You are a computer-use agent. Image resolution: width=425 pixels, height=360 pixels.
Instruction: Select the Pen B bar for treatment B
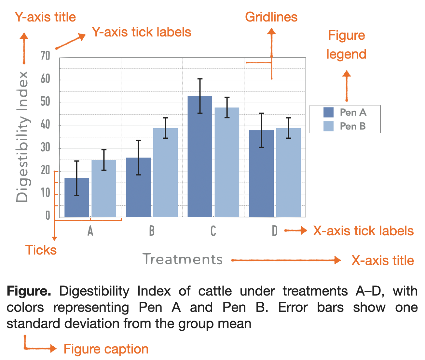[165, 173]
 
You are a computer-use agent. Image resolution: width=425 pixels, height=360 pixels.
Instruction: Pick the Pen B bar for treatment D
[288, 173]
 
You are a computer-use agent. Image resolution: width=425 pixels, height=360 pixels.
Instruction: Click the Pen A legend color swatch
[328, 113]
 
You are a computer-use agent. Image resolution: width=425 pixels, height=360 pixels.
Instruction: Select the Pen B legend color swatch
[328, 126]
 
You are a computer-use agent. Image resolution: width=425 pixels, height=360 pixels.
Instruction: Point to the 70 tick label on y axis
[46, 56]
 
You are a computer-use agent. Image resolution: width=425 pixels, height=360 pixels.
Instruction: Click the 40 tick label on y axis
[46, 125]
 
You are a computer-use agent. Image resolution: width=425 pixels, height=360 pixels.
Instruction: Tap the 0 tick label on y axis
[48, 215]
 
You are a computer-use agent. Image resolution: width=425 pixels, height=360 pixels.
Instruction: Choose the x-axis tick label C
[213, 231]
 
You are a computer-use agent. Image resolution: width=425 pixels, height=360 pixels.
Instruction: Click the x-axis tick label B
[152, 231]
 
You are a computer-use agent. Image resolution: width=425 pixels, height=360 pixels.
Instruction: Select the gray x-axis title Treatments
[183, 259]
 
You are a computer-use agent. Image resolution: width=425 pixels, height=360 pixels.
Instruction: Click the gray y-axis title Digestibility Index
[22, 137]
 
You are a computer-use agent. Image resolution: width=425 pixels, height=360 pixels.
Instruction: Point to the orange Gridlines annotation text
[271, 17]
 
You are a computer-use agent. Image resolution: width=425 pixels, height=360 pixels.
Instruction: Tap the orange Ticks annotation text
[41, 250]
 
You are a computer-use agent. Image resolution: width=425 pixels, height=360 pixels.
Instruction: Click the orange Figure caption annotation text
[106, 349]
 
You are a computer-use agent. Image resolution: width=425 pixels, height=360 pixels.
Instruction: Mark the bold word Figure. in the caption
[29, 291]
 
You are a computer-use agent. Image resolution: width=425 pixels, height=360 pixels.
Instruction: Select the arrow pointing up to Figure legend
[347, 86]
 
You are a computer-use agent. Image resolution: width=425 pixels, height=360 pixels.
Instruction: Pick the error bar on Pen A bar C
[200, 96]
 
